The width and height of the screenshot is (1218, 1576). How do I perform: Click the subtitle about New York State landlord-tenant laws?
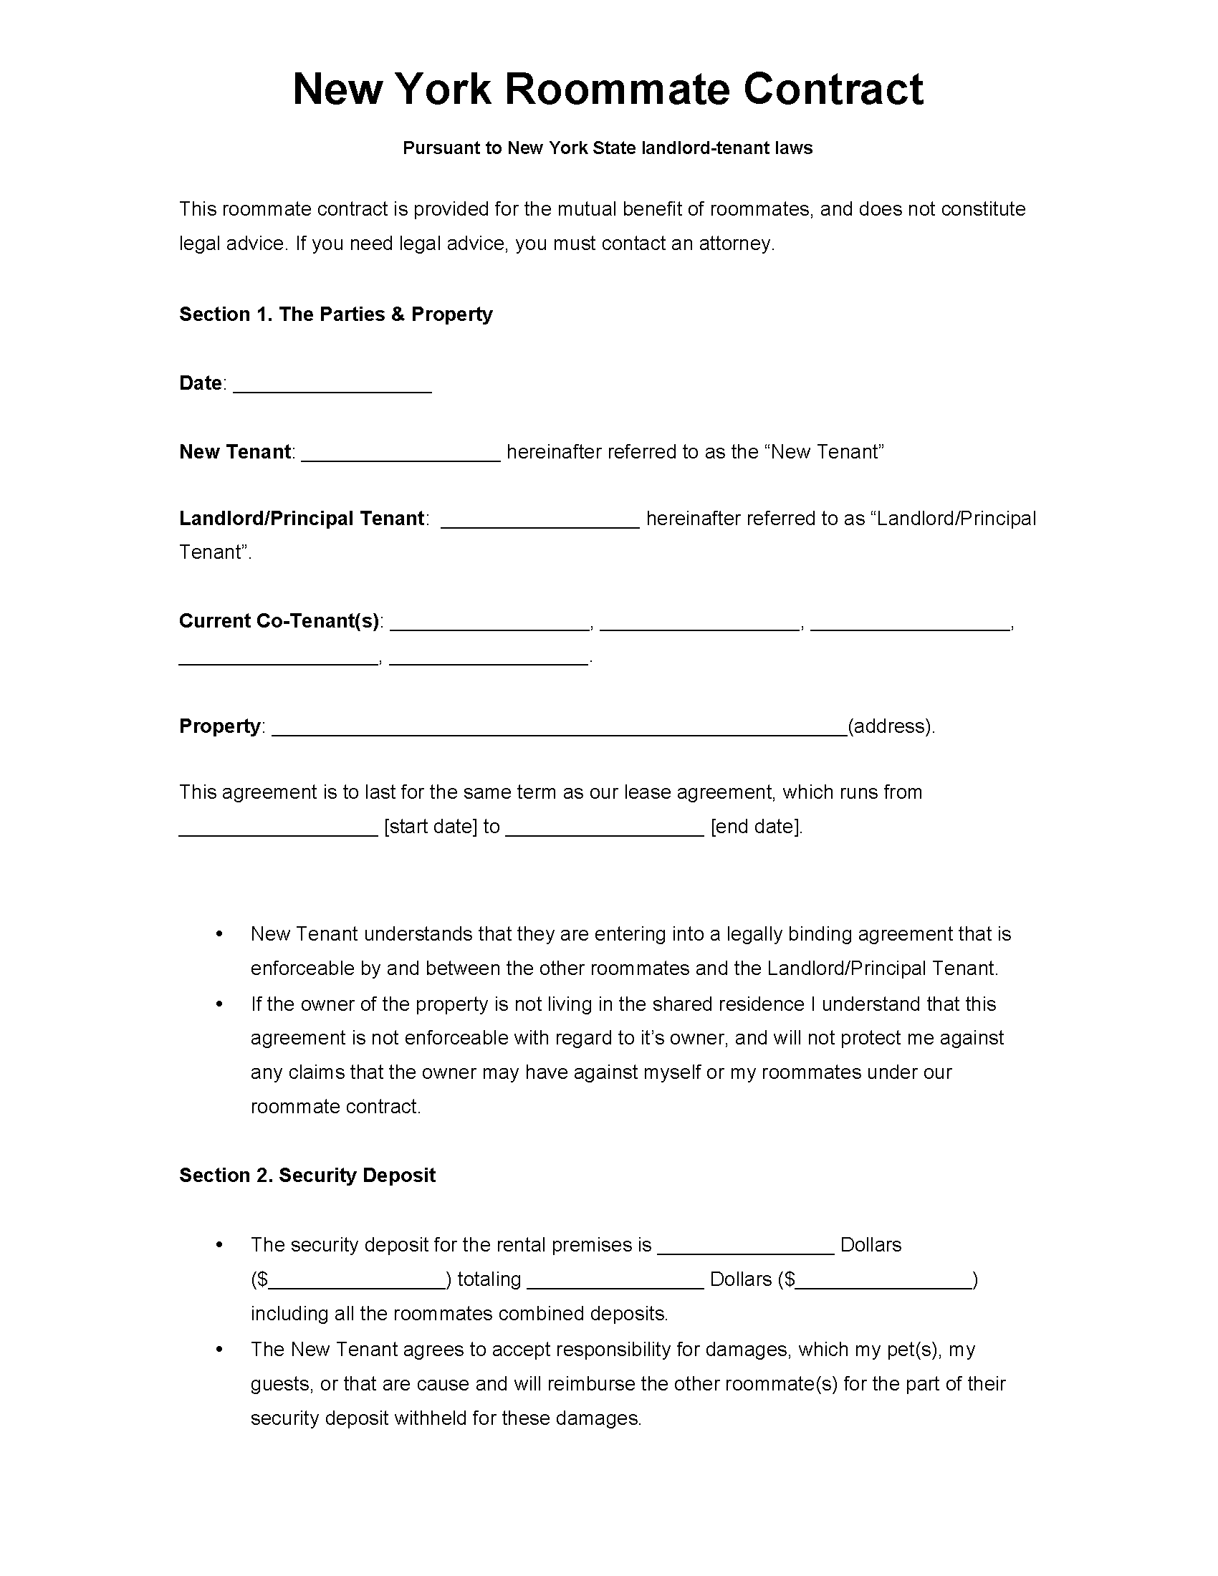608,148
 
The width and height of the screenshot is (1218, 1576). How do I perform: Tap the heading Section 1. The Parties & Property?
335,314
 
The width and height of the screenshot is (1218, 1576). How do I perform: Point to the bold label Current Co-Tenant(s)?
279,620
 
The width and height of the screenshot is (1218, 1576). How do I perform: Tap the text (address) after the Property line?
891,726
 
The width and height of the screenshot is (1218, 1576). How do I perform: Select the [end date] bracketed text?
755,826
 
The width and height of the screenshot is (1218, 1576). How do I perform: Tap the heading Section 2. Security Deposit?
307,1175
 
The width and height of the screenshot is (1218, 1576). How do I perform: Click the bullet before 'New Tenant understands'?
219,934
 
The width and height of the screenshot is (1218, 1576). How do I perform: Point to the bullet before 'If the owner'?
219,1004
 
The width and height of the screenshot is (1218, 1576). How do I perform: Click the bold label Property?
219,726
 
